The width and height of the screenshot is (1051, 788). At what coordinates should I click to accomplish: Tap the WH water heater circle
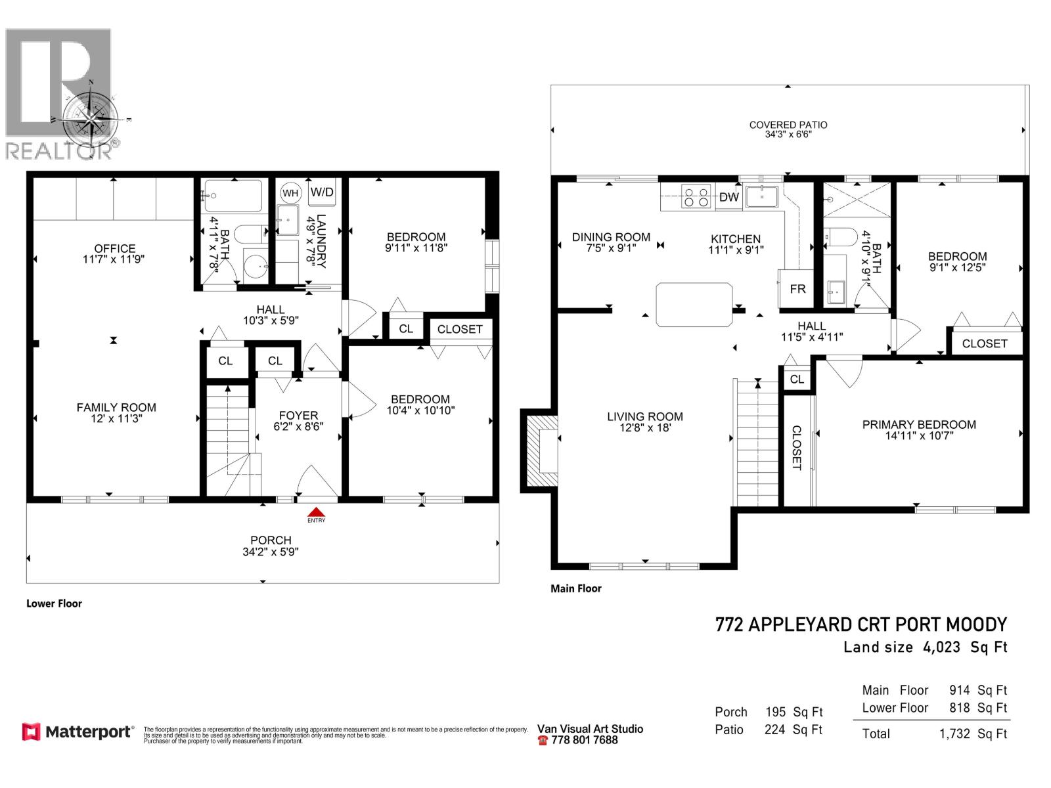click(x=290, y=193)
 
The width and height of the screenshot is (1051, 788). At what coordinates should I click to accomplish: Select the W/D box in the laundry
click(x=322, y=192)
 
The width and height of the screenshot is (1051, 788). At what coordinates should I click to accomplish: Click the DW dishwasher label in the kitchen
click(x=728, y=197)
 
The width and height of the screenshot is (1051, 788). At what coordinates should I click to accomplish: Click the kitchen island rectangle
click(x=694, y=304)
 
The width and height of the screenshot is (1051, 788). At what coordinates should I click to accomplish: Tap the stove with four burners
click(x=696, y=197)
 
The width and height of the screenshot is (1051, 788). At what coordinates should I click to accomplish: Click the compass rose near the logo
click(x=91, y=118)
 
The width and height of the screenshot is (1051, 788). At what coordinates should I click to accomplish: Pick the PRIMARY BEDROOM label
click(x=919, y=424)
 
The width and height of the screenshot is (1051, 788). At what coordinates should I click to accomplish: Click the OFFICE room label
click(x=115, y=248)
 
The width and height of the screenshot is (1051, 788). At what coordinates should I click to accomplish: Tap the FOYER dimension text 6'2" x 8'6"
click(x=298, y=426)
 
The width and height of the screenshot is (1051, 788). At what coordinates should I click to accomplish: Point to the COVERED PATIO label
click(x=788, y=125)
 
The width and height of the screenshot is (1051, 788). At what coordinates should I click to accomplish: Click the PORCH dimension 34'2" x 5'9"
click(x=271, y=552)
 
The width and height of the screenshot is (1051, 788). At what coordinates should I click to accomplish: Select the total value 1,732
click(x=954, y=733)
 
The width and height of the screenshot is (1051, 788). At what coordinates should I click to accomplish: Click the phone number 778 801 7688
click(x=585, y=740)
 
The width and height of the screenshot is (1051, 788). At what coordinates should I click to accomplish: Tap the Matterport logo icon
click(x=31, y=732)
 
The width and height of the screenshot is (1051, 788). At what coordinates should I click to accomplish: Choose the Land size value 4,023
click(x=941, y=647)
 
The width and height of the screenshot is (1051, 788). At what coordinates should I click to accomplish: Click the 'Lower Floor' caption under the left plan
click(x=54, y=603)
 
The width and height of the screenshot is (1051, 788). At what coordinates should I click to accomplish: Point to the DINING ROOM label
click(x=611, y=237)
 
